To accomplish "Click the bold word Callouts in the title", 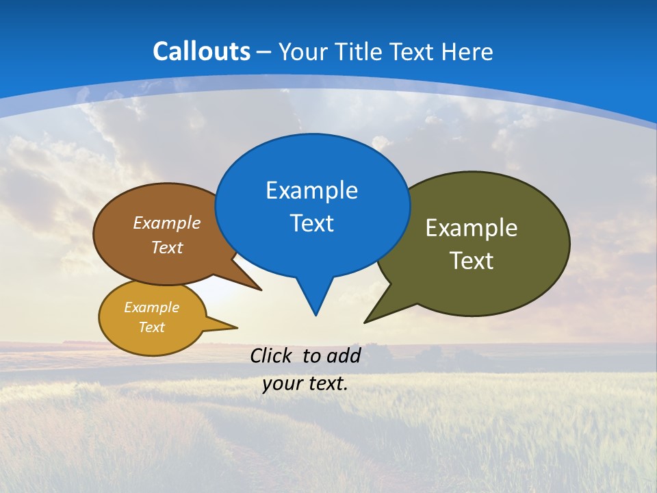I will point(201,51).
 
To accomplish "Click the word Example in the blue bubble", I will point(311,190).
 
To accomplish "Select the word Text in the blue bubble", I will point(311,223).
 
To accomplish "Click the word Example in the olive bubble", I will point(472,228).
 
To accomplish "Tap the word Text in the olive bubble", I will point(472,261).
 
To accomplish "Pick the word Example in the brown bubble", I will point(167,223).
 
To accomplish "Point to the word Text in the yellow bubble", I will point(151,327).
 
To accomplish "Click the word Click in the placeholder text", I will point(272,355).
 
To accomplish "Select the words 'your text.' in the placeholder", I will point(305,384).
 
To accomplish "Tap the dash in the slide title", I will point(264,52).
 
